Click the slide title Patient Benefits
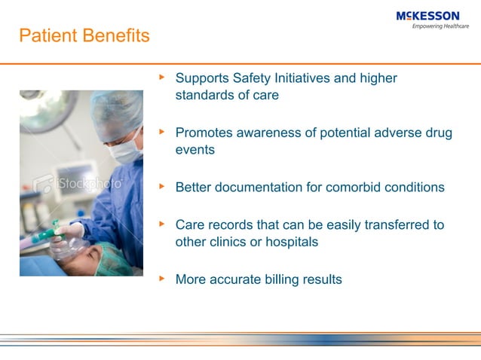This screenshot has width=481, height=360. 84,36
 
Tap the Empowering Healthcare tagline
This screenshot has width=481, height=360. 440,26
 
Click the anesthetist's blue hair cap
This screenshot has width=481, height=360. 118,113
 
